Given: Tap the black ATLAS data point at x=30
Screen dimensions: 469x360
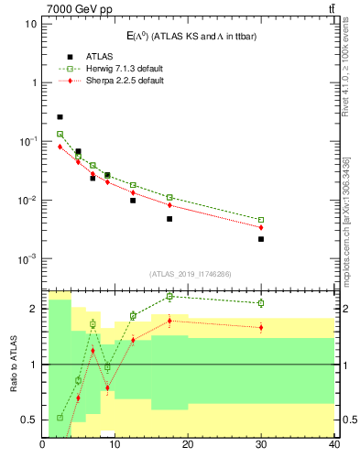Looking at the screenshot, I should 261,239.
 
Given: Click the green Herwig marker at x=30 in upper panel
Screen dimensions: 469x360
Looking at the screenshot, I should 261,220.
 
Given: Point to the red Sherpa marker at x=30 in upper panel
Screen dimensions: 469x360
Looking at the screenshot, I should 261,227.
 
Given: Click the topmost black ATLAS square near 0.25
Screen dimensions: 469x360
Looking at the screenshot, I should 60,117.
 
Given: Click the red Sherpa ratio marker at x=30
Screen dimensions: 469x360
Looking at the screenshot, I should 261,327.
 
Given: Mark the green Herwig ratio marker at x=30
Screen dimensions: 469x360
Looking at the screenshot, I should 261,302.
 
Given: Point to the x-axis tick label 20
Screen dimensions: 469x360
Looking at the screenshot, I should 188,446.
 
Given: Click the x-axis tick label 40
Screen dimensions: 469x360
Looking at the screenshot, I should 333,446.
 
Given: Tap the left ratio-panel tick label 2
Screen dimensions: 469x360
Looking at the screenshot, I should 34,309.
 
